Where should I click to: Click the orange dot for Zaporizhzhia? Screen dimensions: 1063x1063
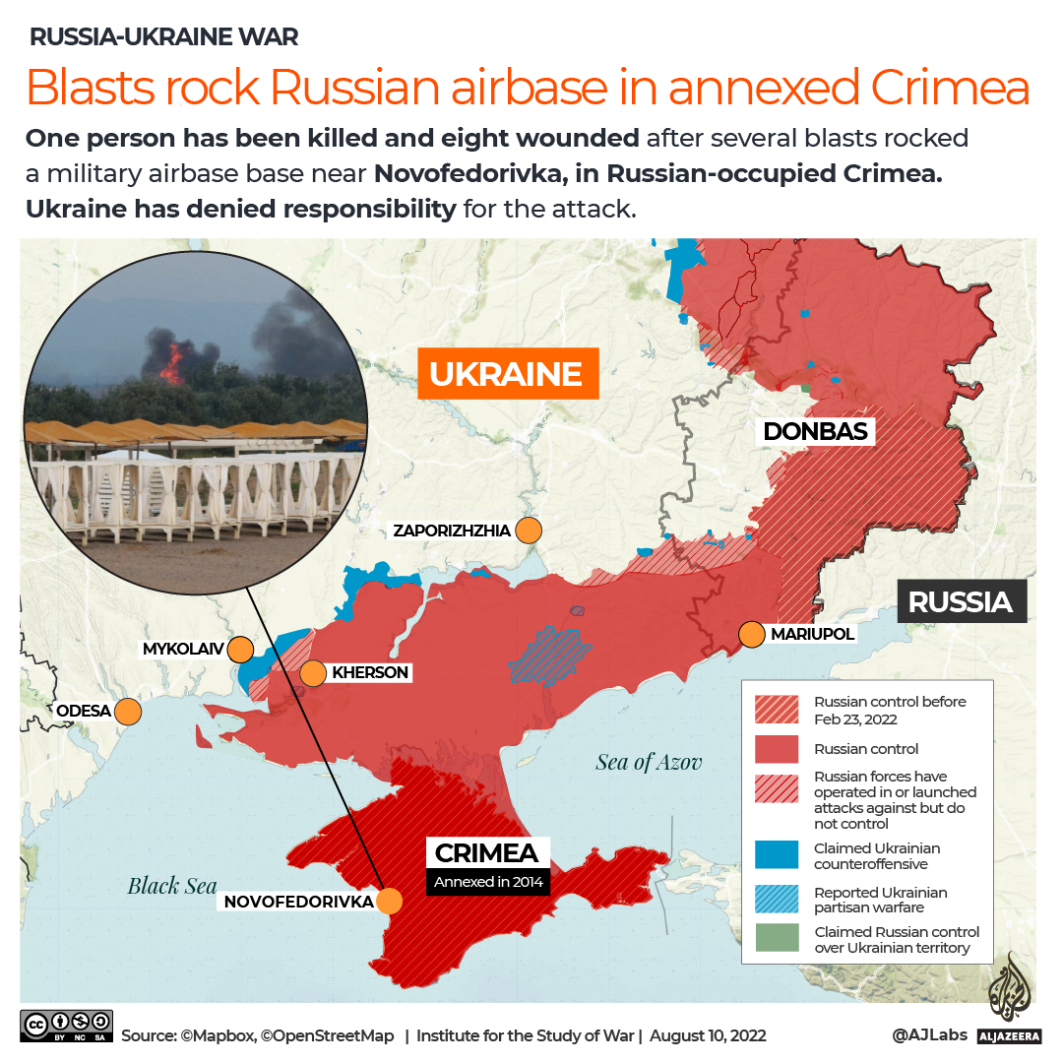530,531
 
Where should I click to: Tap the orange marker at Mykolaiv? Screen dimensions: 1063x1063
239,650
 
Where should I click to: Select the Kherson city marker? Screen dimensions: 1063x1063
313,673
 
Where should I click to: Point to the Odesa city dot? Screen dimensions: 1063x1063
128,711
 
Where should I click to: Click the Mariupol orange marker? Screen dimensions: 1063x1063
752,634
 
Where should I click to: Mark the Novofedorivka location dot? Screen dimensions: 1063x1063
391,901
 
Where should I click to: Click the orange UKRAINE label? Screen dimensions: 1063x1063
507,374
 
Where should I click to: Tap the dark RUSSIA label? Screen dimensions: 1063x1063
960,601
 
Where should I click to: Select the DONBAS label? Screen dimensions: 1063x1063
815,431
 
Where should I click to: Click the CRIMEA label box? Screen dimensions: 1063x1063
486,852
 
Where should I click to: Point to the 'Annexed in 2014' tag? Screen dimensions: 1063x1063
487,882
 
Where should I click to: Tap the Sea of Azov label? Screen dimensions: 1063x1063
649,762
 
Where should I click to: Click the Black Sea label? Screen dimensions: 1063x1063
172,886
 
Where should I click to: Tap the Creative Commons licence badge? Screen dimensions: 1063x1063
66,1026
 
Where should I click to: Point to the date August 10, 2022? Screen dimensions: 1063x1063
709,1035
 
